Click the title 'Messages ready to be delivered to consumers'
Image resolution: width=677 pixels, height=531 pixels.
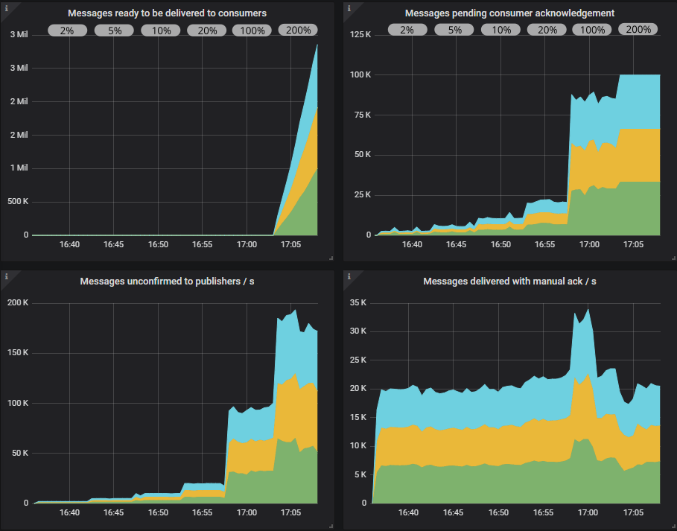pyautogui.click(x=167, y=13)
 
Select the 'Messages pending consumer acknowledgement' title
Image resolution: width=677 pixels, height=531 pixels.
pyautogui.click(x=509, y=13)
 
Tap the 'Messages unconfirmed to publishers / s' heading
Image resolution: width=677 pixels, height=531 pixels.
pyautogui.click(x=167, y=281)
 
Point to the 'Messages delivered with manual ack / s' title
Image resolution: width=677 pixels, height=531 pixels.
pyautogui.click(x=509, y=281)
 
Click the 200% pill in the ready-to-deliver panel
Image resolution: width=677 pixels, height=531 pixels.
pyautogui.click(x=298, y=31)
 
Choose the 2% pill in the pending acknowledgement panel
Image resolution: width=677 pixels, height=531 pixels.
pyautogui.click(x=407, y=30)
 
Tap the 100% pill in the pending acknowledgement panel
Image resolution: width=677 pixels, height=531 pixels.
pyautogui.click(x=592, y=30)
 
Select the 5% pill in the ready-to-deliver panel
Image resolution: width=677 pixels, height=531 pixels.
pyautogui.click(x=114, y=31)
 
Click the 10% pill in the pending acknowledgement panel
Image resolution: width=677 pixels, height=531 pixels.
pyautogui.click(x=500, y=30)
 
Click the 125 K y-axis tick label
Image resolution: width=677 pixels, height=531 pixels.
pyautogui.click(x=360, y=35)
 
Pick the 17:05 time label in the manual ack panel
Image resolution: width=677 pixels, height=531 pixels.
pyautogui.click(x=634, y=512)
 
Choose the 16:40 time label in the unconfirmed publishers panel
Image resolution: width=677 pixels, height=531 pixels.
pyautogui.click(x=69, y=512)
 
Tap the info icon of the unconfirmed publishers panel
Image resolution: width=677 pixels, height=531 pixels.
pyautogui.click(x=6, y=276)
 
